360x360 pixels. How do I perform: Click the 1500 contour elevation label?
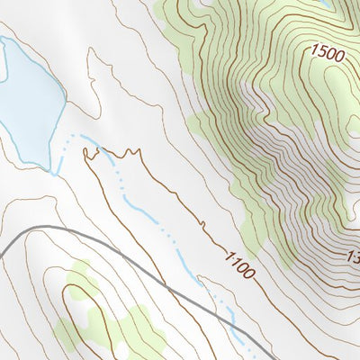pos(328,53)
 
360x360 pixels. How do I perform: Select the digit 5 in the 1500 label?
pos(322,52)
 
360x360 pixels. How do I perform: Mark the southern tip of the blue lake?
pos(45,168)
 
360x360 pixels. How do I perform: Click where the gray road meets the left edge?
pos(2,256)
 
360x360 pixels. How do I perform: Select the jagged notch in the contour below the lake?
pos(90,157)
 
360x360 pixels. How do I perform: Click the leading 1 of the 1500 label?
pos(314,51)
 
